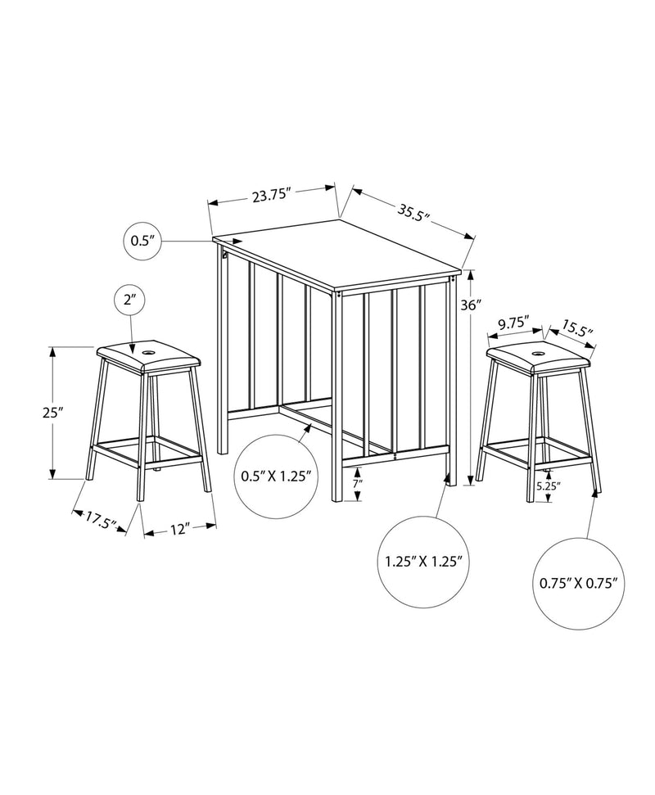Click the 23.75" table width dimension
270,196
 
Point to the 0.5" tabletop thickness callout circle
143,241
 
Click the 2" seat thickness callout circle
129,300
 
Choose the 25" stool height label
30,413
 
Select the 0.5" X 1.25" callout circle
278,477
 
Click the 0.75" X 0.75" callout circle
579,583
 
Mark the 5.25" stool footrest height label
548,486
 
